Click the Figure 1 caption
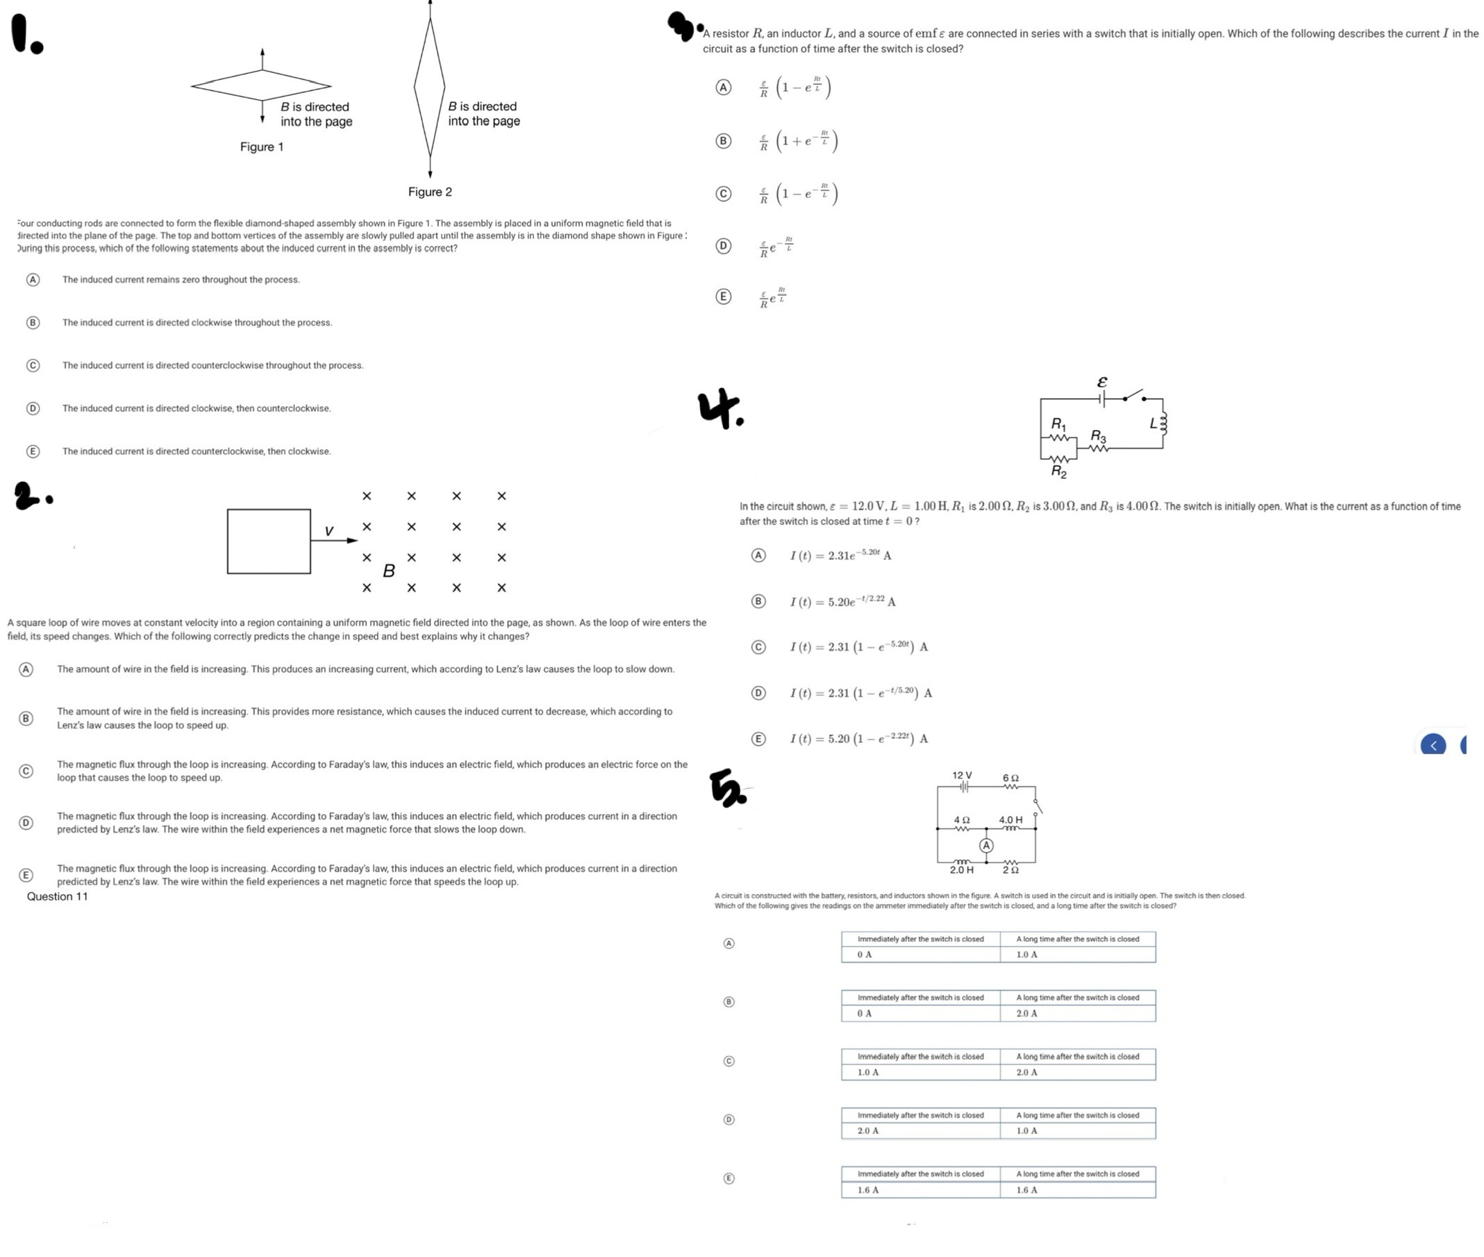coord(262,147)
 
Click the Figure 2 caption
coord(430,192)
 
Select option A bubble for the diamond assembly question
coord(32,279)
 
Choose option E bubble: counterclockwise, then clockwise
coord(32,451)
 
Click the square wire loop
coord(269,541)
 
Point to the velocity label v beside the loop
coord(328,531)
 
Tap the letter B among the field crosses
coord(389,570)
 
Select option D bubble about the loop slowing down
coord(26,823)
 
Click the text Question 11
coord(57,897)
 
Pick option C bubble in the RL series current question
coord(723,193)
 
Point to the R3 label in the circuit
coord(1099,435)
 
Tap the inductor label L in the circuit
coord(1154,423)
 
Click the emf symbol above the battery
coord(1101,382)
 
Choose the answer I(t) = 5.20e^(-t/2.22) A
coord(842,601)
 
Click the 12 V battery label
coord(962,774)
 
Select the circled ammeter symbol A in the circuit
coord(986,845)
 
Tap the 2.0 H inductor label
coord(961,870)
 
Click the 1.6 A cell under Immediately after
coord(868,1190)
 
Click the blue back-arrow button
coord(1433,744)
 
